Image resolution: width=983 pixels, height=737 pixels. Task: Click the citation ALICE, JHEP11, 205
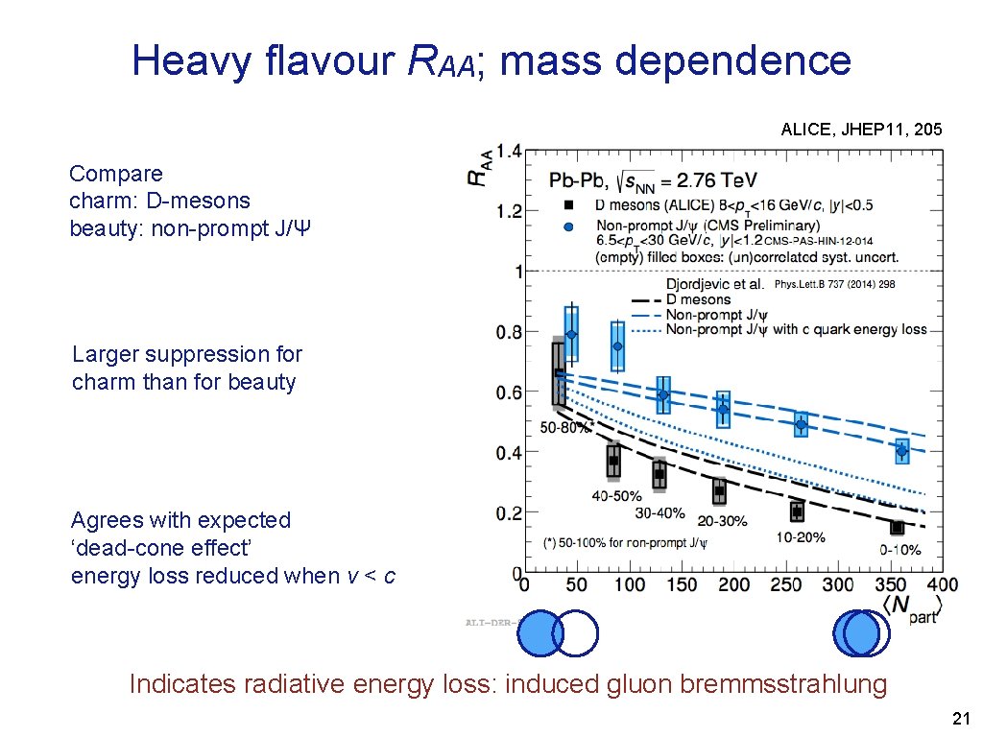point(861,129)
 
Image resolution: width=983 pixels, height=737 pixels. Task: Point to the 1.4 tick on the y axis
point(509,151)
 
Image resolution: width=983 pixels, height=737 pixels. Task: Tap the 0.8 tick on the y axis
point(509,332)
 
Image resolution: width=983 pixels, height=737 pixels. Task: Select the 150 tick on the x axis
point(682,584)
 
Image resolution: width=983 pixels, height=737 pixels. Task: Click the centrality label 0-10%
point(899,549)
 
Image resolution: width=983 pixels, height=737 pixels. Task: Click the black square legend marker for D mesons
point(568,204)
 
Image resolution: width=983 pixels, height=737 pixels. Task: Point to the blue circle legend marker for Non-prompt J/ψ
point(568,226)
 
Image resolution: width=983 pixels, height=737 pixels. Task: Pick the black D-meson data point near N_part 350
point(898,528)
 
